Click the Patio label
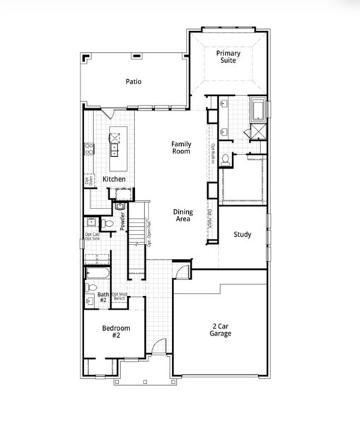134,81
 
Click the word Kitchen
114,179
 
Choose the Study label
242,235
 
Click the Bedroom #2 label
116,332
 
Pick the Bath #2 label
103,298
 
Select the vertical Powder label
122,221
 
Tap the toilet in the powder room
108,223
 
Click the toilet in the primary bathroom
224,158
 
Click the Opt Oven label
89,181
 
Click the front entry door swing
160,347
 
